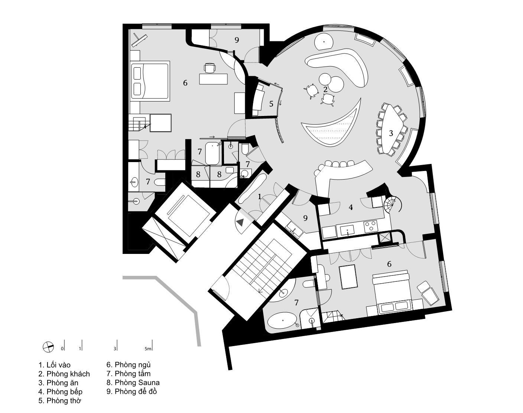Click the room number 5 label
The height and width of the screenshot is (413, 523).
[x=271, y=104]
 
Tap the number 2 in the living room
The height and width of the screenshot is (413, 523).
[x=325, y=89]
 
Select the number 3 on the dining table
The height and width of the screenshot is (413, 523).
[x=391, y=133]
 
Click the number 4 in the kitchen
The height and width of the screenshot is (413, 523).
[x=350, y=207]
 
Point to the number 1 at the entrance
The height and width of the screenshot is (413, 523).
[x=260, y=197]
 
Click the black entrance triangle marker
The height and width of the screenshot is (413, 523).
[x=240, y=223]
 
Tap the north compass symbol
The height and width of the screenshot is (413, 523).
[x=48, y=347]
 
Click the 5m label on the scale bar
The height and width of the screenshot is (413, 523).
[x=148, y=349]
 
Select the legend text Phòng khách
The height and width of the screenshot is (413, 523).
[x=68, y=374]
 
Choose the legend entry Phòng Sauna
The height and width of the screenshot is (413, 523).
[x=137, y=383]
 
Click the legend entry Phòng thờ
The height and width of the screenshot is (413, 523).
[x=64, y=401]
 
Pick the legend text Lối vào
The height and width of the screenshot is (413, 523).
[x=58, y=365]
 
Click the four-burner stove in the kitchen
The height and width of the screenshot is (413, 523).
[x=370, y=226]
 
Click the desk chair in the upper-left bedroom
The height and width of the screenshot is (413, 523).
[x=209, y=68]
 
